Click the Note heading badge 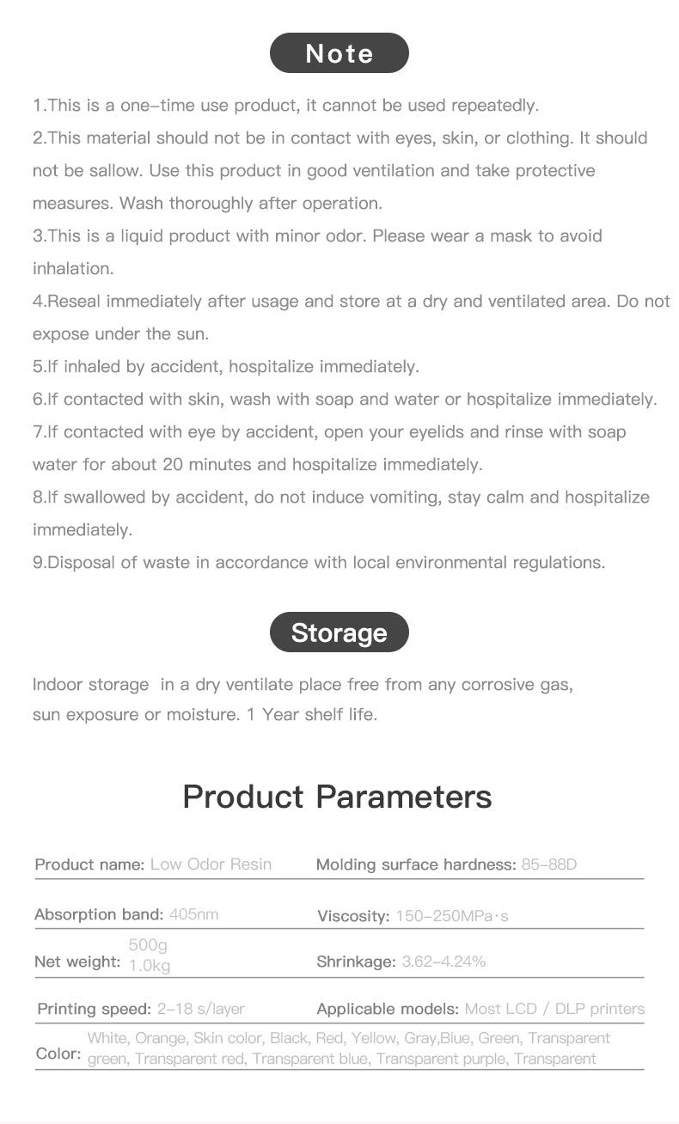point(339,53)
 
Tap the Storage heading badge point(339,632)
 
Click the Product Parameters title point(337,796)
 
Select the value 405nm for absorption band point(194,913)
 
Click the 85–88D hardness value point(549,864)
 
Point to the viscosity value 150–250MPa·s point(452,916)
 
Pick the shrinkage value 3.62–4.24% point(443,962)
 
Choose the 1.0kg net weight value point(150,966)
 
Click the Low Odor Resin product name point(211,864)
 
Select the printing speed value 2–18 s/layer point(201,1009)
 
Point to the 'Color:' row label point(58,1054)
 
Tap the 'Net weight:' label point(77,962)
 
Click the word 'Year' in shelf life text point(281,714)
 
